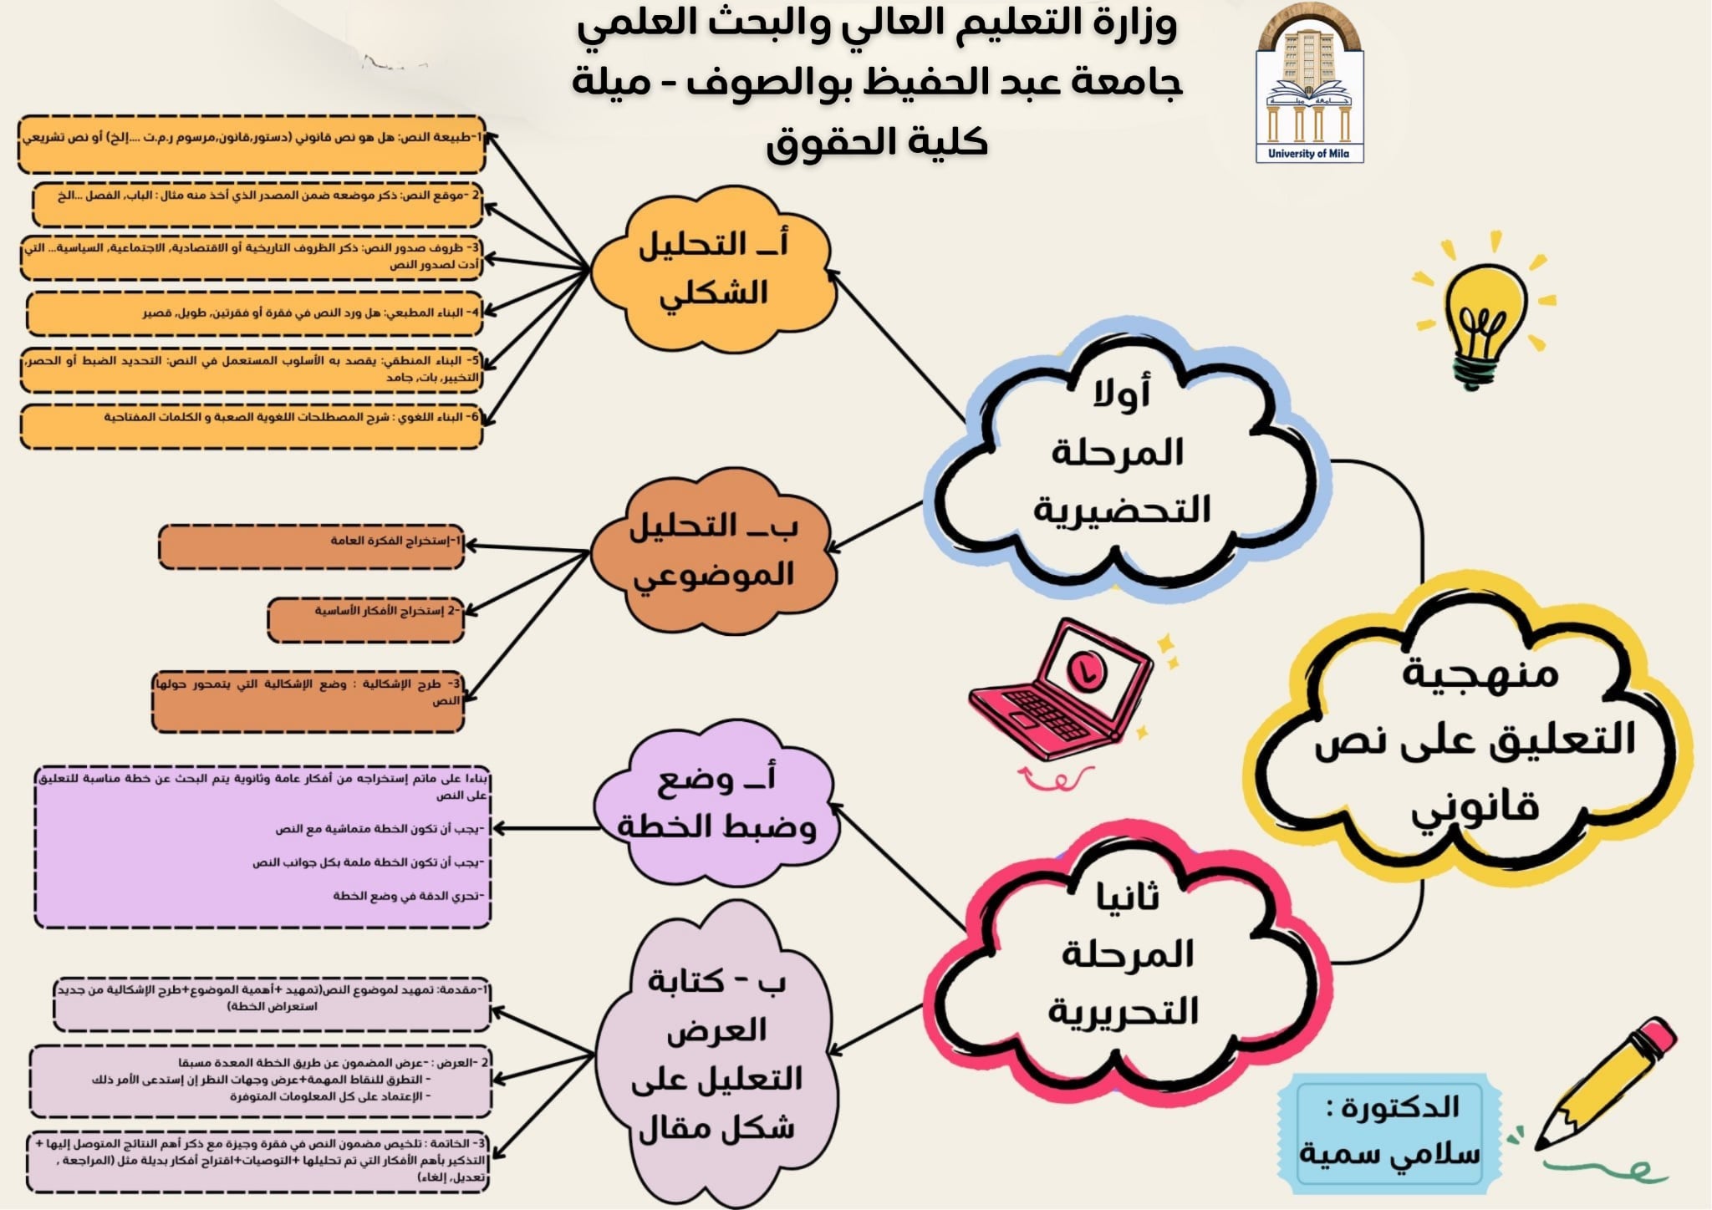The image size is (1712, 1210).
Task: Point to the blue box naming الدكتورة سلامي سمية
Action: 1389,1133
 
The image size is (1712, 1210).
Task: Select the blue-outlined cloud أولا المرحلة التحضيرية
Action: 1124,455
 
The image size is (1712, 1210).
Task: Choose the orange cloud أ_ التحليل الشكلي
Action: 715,269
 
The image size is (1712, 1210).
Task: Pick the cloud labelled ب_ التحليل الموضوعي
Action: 715,552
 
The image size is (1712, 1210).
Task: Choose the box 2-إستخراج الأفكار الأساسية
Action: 365,619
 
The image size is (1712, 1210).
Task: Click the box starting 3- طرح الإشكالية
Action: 308,701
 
